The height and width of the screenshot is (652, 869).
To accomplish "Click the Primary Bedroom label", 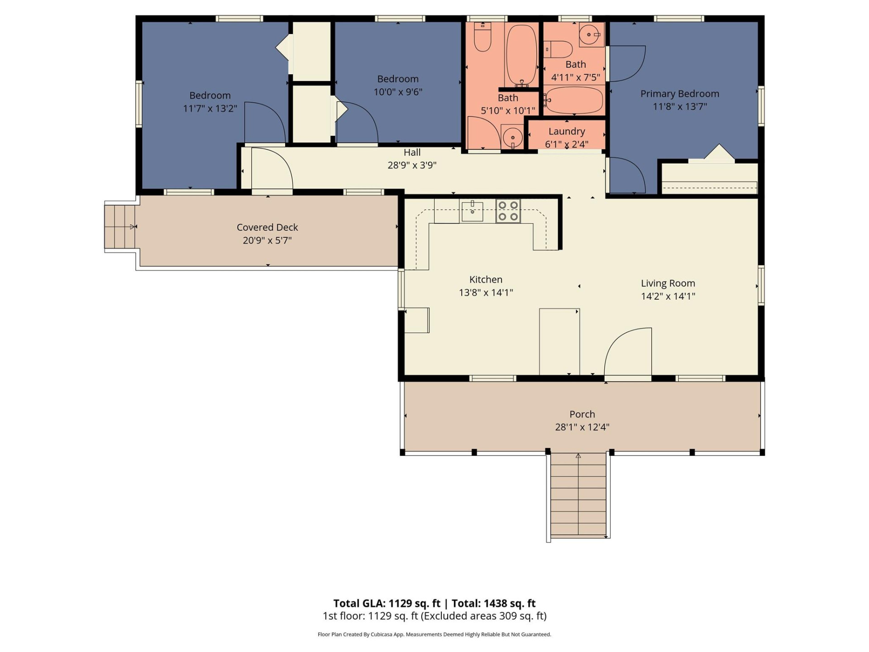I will [x=679, y=94].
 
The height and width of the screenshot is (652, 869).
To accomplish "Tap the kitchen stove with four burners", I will [x=508, y=211].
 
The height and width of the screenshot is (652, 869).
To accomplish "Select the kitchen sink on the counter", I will [x=472, y=211].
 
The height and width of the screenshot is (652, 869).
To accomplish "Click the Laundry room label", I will [x=567, y=131].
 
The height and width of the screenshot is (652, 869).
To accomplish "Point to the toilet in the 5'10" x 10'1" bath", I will [x=482, y=38].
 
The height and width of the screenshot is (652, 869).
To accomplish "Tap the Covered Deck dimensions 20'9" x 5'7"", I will [x=267, y=240].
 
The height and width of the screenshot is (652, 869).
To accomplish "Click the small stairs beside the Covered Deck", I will [x=120, y=226].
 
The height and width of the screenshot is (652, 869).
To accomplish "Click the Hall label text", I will [x=412, y=153].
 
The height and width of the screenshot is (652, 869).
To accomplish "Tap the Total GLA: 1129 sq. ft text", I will [x=387, y=603].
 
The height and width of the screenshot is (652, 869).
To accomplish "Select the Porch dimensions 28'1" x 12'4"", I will [x=582, y=427].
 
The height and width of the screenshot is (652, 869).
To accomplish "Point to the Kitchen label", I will [x=486, y=279].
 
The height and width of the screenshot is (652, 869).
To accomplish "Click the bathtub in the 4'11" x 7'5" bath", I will [x=574, y=100].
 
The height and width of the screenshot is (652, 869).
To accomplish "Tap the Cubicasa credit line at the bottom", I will [x=434, y=634].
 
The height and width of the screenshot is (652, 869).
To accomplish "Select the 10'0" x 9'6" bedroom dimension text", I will [x=398, y=92].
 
